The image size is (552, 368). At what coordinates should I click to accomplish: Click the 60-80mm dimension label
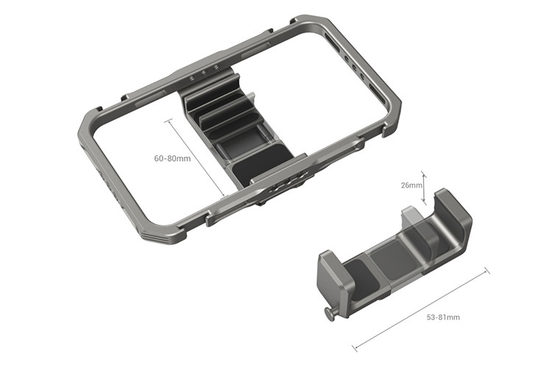coord(171,158)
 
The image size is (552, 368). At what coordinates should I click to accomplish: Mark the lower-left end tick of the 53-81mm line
coord(354,347)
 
